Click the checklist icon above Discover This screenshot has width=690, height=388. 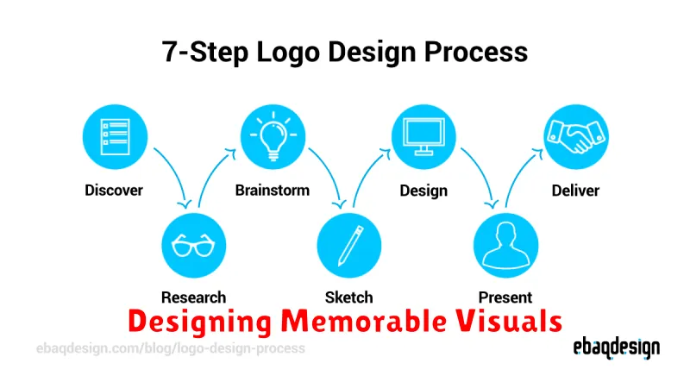pyautogui.click(x=115, y=137)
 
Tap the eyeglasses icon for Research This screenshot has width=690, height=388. pyautogui.click(x=193, y=246)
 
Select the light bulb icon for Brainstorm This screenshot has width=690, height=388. pyautogui.click(x=273, y=137)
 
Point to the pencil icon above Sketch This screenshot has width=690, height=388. pyautogui.click(x=349, y=246)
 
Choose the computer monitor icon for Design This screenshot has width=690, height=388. pyautogui.click(x=423, y=137)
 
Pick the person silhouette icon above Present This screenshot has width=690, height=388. pyautogui.click(x=505, y=246)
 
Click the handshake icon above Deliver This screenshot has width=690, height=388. pyautogui.click(x=576, y=137)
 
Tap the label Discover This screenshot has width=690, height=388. pyautogui.click(x=114, y=191)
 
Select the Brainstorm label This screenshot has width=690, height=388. pyautogui.click(x=273, y=191)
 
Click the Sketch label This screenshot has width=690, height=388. pyautogui.click(x=349, y=297)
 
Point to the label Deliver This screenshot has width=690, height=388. pyautogui.click(x=575, y=191)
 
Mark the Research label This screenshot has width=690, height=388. pyautogui.click(x=193, y=297)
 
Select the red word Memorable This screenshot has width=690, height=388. pyautogui.click(x=363, y=321)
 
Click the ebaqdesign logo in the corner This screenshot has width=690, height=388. pyautogui.click(x=617, y=348)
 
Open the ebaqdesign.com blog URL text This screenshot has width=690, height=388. pyautogui.click(x=171, y=348)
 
